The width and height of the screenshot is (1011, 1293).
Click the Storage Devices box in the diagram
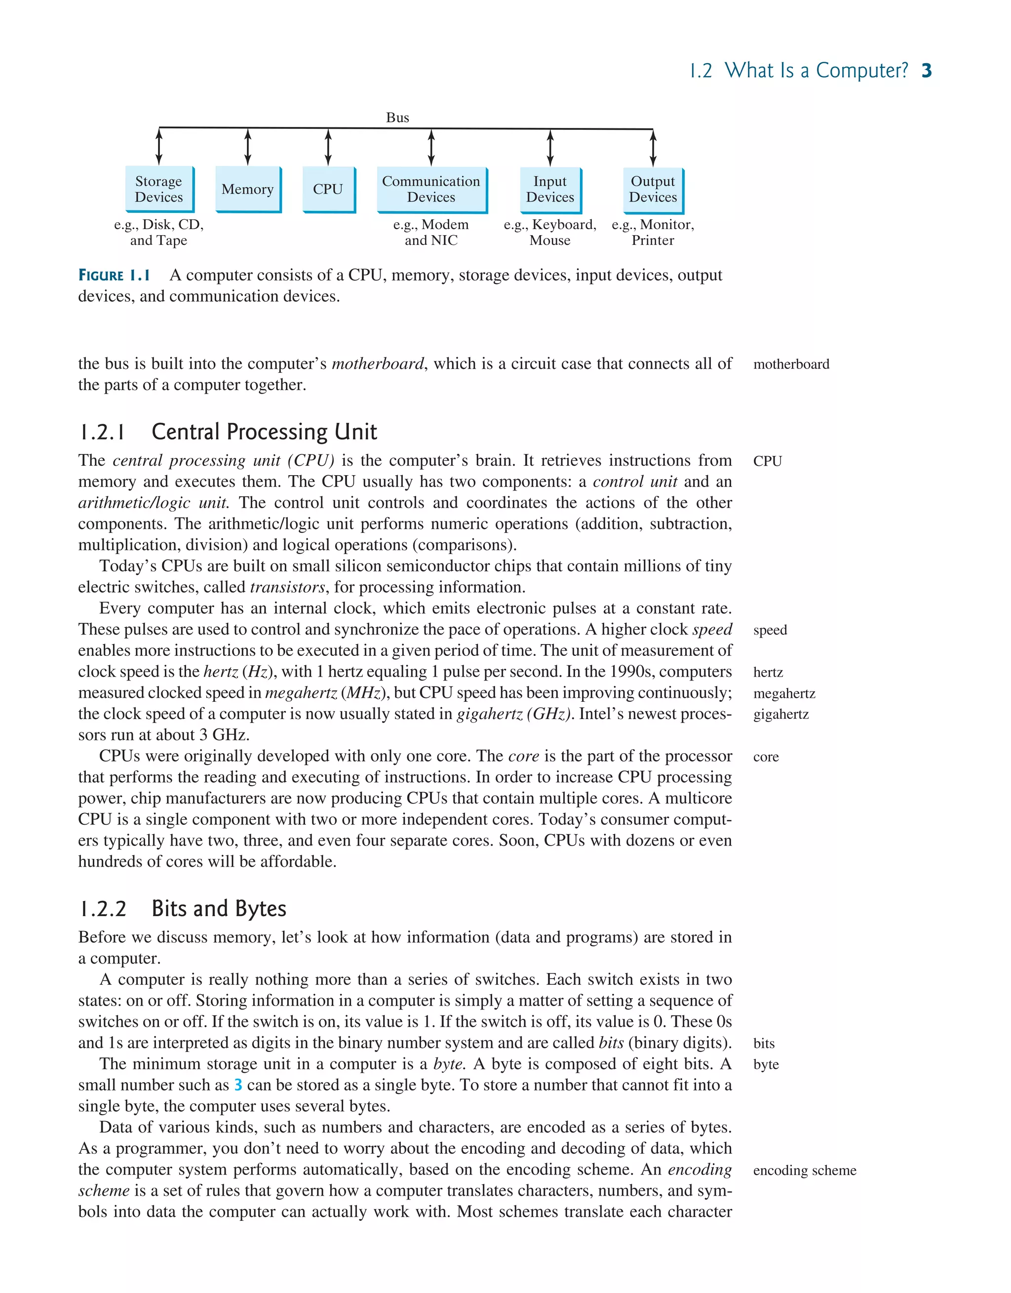coord(159,190)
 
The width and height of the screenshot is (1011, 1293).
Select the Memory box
coord(247,190)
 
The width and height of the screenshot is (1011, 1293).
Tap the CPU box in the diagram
coord(328,190)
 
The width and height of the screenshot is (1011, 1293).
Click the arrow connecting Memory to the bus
coord(247,147)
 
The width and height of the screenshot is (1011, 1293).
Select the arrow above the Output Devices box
coord(653,148)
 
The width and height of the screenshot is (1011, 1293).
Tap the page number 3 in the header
coord(927,71)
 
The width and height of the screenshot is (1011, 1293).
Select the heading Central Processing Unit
coord(264,432)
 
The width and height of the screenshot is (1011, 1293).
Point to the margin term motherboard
coord(791,364)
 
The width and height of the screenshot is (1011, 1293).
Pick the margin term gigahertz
coord(781,714)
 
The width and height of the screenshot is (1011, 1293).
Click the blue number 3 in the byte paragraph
coord(238,1085)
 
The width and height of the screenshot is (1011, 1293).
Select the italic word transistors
coord(288,587)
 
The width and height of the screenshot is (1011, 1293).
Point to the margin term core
coord(766,757)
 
